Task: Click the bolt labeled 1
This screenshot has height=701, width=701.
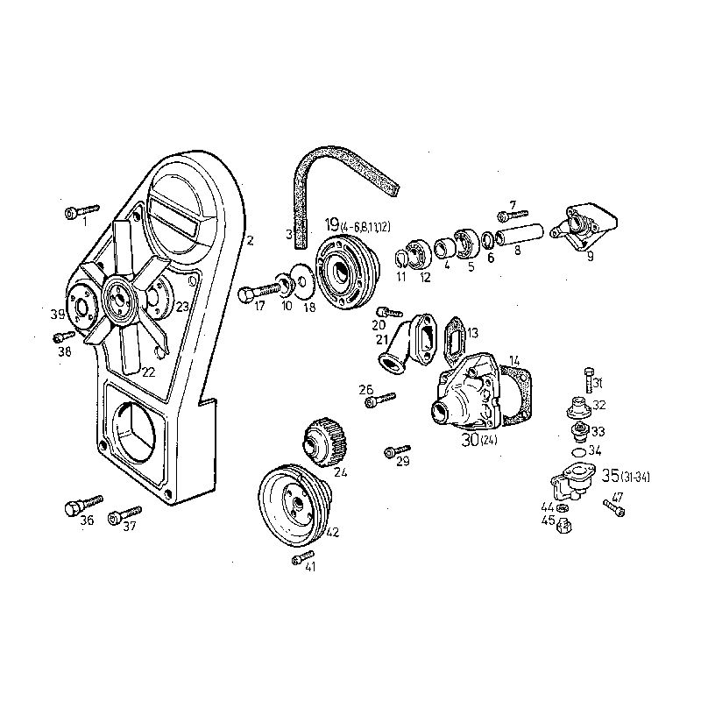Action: point(81,210)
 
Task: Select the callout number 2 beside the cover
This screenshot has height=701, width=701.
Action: point(249,240)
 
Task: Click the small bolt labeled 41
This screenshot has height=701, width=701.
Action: point(302,556)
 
